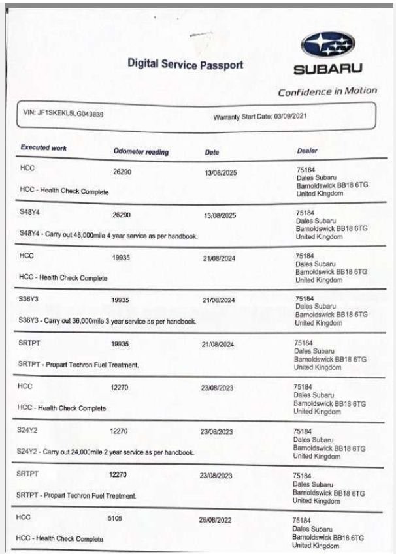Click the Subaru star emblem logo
(327, 46)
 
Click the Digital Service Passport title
(186, 65)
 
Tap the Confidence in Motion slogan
(327, 91)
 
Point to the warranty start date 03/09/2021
(260, 117)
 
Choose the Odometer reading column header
(140, 151)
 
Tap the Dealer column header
(306, 151)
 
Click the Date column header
(212, 152)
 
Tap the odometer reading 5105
(115, 518)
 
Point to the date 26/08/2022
(216, 521)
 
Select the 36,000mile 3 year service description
(107, 321)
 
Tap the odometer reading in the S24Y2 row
(118, 431)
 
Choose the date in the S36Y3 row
(219, 301)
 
